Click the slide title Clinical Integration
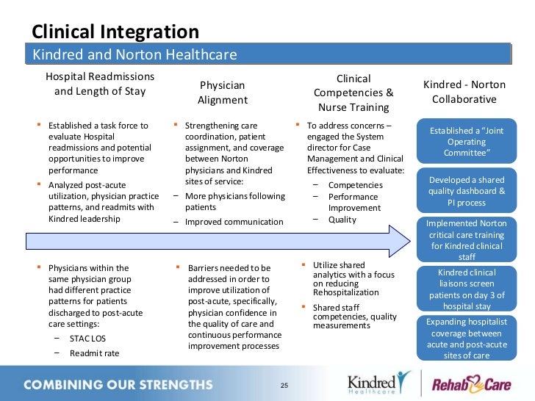(x=115, y=32)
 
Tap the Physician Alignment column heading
(x=223, y=93)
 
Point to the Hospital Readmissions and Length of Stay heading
(x=100, y=84)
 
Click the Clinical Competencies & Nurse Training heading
(x=353, y=93)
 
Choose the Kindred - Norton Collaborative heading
(x=464, y=93)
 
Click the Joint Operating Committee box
(x=464, y=142)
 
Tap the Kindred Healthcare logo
(x=377, y=384)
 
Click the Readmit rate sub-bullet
(x=94, y=353)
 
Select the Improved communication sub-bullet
(x=234, y=222)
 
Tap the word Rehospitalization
(x=345, y=292)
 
